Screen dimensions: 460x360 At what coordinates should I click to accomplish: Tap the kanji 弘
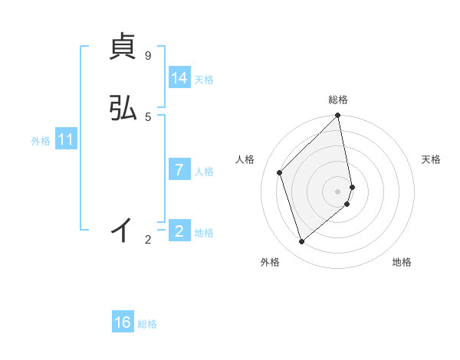point(123,109)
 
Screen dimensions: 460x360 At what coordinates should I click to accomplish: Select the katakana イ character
point(123,229)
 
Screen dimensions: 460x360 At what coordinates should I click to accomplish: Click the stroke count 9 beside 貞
point(147,56)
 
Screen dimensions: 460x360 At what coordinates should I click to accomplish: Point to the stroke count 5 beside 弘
point(147,116)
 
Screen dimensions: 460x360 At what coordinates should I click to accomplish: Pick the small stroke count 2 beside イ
point(148,240)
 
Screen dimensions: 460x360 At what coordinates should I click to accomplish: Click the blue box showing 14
point(179,78)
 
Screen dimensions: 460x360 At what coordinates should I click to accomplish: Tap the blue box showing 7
point(179,170)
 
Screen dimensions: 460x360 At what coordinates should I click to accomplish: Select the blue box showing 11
point(66,140)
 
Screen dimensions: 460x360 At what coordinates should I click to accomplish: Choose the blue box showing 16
point(123,322)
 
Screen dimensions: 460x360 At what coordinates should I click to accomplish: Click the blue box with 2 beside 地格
point(179,231)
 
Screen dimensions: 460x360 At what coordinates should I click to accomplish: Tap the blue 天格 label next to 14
point(204,80)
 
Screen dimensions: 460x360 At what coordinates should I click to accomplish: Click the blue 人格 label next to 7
point(204,172)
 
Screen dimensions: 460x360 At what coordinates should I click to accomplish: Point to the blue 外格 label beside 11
point(41,141)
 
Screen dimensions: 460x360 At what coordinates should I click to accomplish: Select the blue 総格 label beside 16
point(147,324)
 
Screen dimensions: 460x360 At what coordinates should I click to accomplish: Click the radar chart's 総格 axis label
point(338,100)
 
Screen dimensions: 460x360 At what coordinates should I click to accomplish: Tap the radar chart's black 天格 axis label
point(432,159)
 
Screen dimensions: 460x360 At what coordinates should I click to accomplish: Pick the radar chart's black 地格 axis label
point(402,262)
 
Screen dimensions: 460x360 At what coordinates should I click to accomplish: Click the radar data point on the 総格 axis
point(338,116)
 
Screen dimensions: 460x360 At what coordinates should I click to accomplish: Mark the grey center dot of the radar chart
point(338,191)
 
